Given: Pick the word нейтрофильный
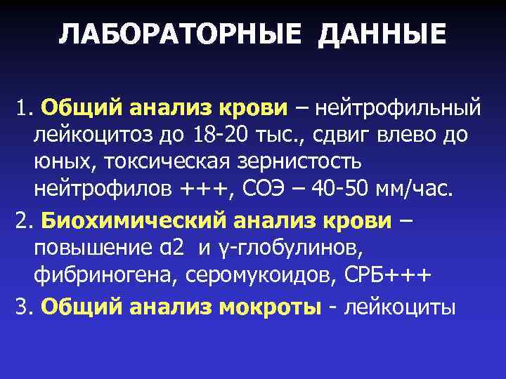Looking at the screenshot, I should (x=398, y=108).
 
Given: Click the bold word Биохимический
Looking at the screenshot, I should (x=134, y=221).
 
